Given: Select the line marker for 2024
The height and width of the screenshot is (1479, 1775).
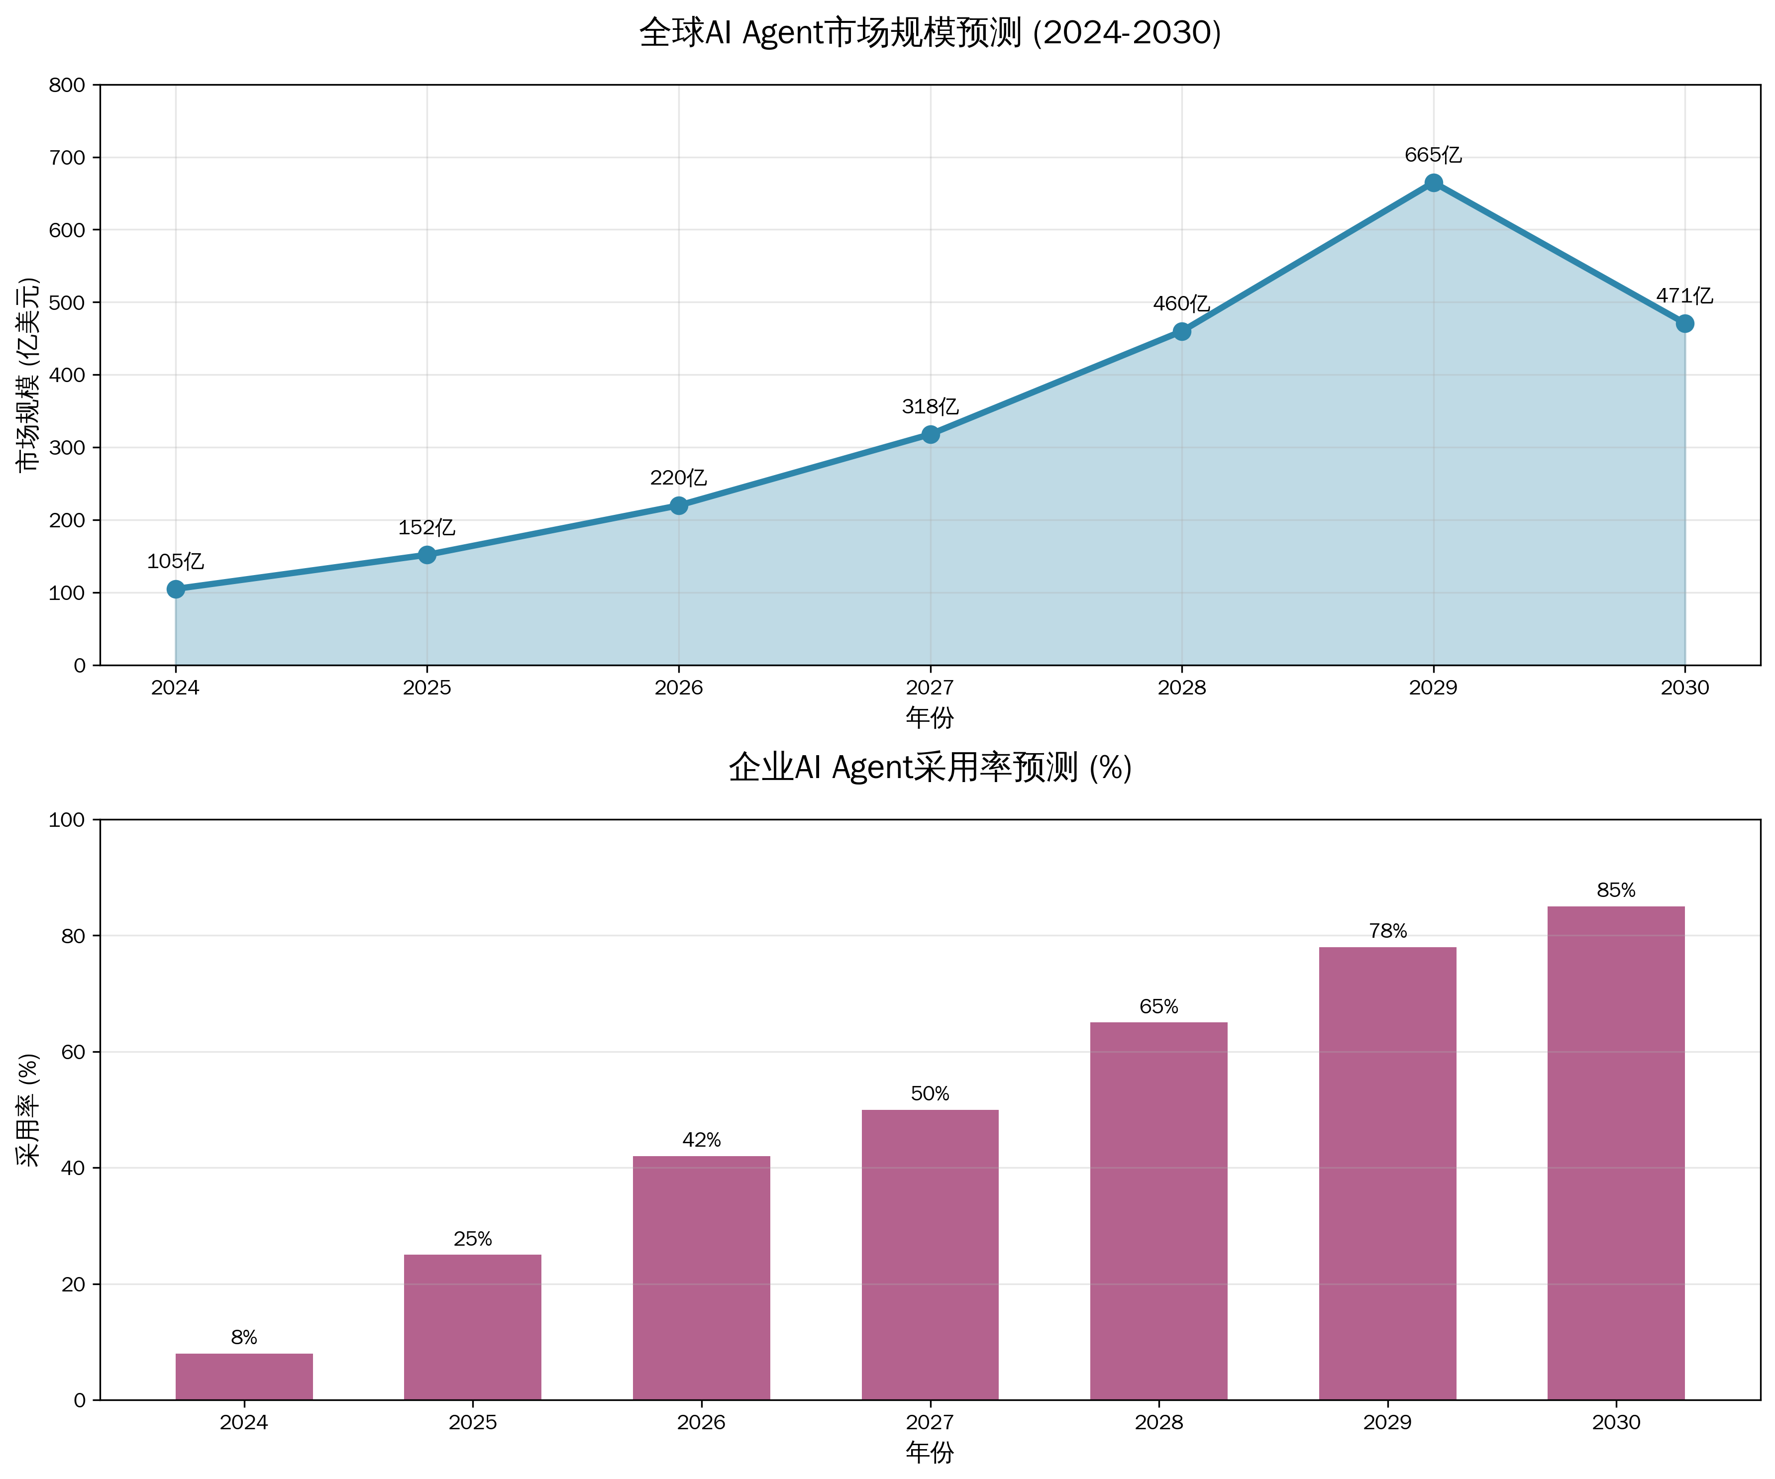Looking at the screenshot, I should click(176, 589).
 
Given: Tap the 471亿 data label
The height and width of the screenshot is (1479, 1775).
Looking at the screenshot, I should click(1684, 296).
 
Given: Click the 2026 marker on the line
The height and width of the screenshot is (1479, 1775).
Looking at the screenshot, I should click(679, 505).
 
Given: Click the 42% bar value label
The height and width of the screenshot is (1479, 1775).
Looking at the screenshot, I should click(702, 1140).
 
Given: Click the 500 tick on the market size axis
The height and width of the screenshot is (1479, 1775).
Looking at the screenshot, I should click(68, 302).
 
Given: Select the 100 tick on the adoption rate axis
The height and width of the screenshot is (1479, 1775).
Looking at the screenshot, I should click(68, 820).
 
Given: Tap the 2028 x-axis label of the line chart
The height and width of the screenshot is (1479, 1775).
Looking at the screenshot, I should click(1182, 688).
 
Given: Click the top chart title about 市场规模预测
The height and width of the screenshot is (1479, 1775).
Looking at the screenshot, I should click(930, 33).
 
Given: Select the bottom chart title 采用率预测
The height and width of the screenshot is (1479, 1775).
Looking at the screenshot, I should click(930, 768).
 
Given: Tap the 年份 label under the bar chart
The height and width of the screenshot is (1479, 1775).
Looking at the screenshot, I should click(930, 1453).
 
